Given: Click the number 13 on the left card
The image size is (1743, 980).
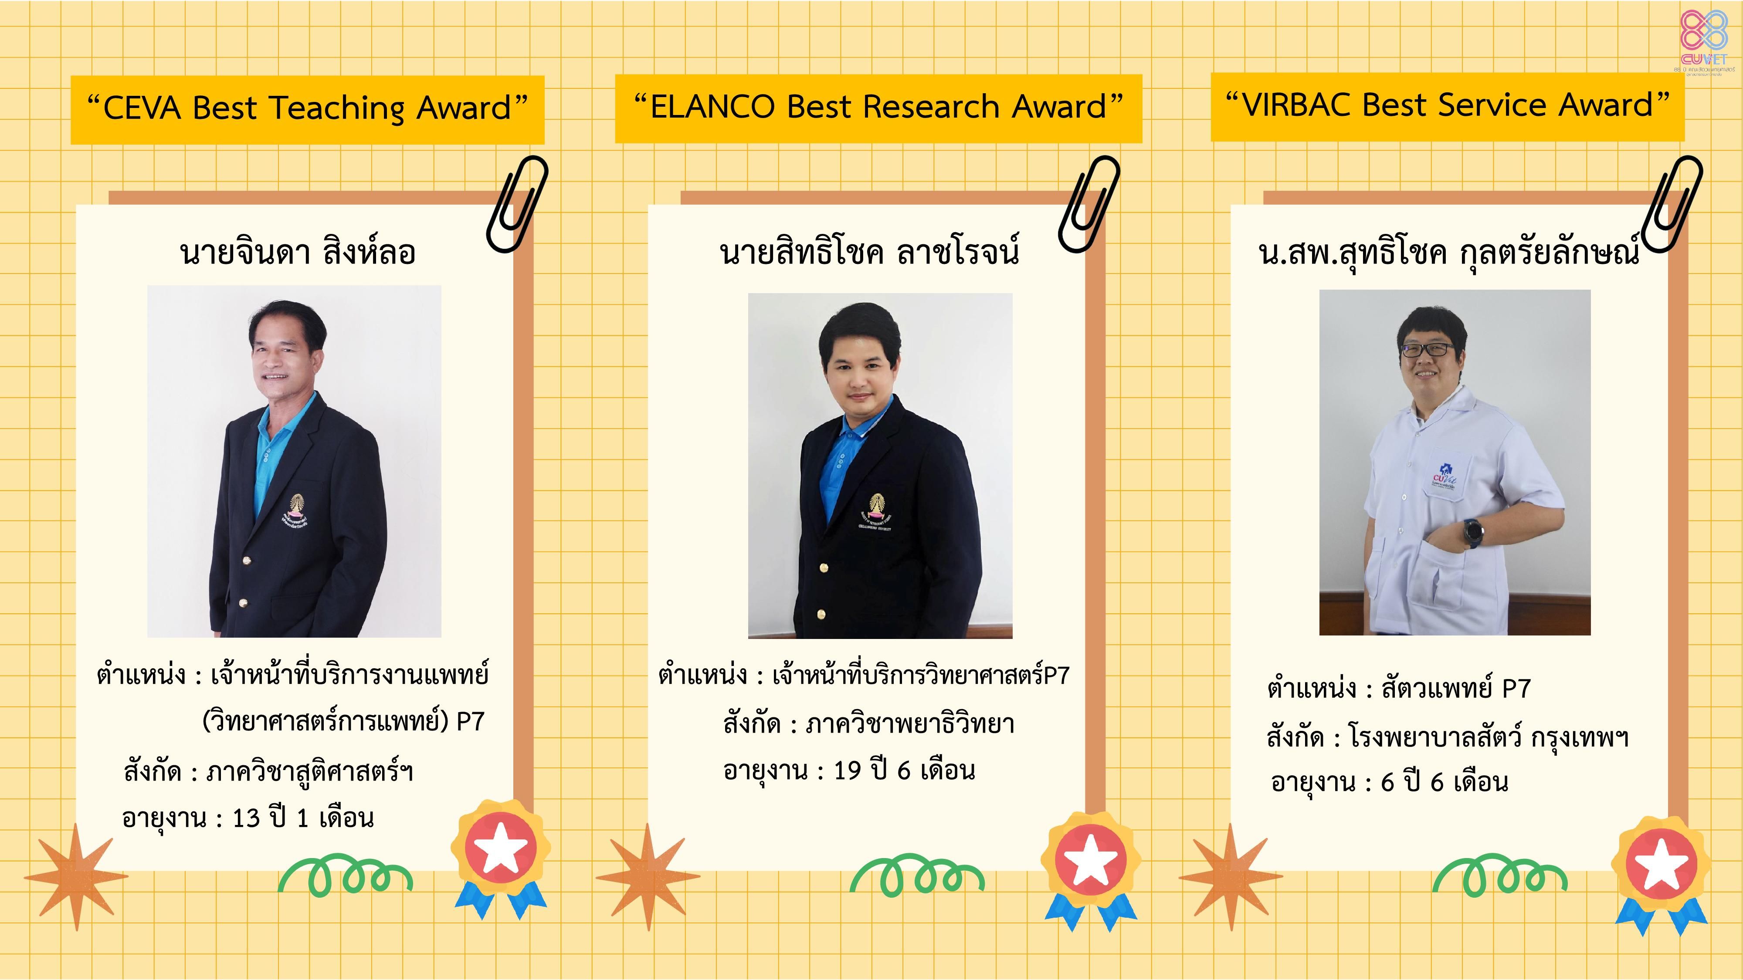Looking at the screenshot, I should point(246,818).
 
